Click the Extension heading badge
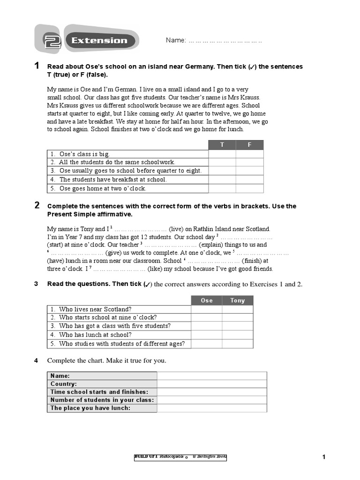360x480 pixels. click(x=100, y=41)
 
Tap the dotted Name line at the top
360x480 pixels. click(x=225, y=41)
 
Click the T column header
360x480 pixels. click(x=222, y=145)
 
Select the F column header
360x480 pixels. click(x=249, y=145)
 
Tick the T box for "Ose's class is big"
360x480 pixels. click(x=222, y=154)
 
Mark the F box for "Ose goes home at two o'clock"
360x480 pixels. click(x=249, y=188)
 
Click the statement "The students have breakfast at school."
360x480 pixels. click(x=113, y=180)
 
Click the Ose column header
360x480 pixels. click(x=207, y=300)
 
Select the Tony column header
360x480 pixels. click(x=238, y=300)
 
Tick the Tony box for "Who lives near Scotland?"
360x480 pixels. click(x=238, y=309)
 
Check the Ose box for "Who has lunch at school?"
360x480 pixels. click(x=207, y=335)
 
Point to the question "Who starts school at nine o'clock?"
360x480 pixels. click(x=108, y=318)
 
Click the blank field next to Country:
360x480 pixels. click(x=212, y=384)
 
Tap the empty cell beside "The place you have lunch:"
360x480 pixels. click(x=212, y=408)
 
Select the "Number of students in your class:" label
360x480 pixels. click(x=102, y=400)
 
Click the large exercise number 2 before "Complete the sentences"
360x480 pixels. click(x=37, y=205)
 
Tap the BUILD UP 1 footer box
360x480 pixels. click(x=180, y=457)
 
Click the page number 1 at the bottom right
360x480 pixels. click(x=323, y=457)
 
